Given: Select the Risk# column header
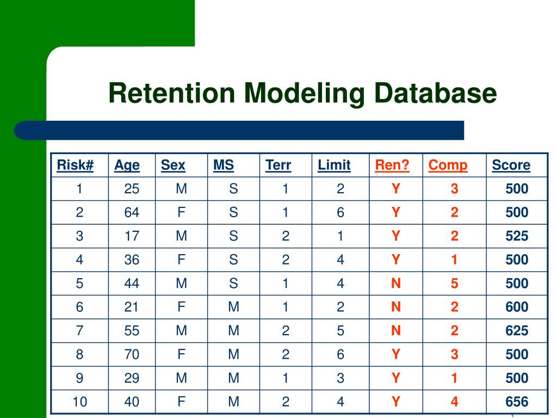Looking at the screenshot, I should click(75, 165).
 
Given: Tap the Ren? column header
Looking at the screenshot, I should click(392, 165).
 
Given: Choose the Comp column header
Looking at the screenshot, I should click(448, 165).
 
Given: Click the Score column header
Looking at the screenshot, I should click(511, 165).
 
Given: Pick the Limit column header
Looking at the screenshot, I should click(334, 165).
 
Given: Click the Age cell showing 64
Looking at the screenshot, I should click(132, 212).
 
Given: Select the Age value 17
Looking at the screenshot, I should click(132, 236).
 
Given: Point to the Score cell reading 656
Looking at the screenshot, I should click(517, 402).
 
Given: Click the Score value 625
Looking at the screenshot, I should click(517, 330).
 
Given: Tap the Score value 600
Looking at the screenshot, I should click(517, 307).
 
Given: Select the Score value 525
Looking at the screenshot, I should click(517, 236).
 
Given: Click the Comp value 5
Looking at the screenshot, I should click(454, 283).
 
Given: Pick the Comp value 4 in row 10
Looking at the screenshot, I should click(454, 402).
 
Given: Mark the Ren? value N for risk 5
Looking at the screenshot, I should click(396, 283).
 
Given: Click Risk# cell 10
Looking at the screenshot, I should click(79, 402).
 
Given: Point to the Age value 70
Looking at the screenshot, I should click(132, 354).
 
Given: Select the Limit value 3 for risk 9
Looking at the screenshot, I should click(341, 378).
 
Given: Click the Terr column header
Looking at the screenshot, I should click(278, 165).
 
